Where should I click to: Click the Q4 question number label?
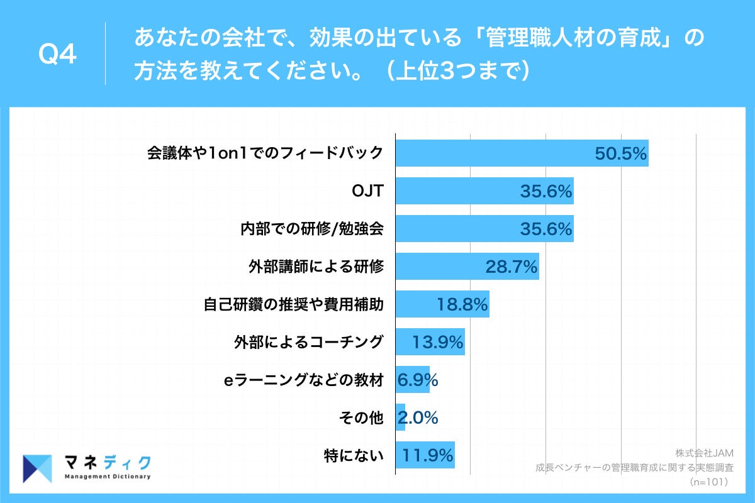pyautogui.click(x=57, y=55)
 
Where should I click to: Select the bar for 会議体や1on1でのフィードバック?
pyautogui.click(x=491, y=153)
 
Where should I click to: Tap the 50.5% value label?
pyautogui.click(x=621, y=154)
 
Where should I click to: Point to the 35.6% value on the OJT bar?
pyautogui.click(x=545, y=192)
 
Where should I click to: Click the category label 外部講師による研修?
pyautogui.click(x=316, y=267)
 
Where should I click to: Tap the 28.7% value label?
pyautogui.click(x=511, y=267)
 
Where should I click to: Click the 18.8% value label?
pyautogui.click(x=462, y=305)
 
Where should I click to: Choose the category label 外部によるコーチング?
pyautogui.click(x=308, y=342)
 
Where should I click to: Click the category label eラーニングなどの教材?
pyautogui.click(x=304, y=380)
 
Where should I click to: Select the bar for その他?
pyautogui.click(x=400, y=417)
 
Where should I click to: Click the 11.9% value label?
pyautogui.click(x=428, y=456)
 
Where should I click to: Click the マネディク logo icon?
pyautogui.click(x=37, y=468)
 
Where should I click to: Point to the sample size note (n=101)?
pyautogui.click(x=708, y=482)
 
